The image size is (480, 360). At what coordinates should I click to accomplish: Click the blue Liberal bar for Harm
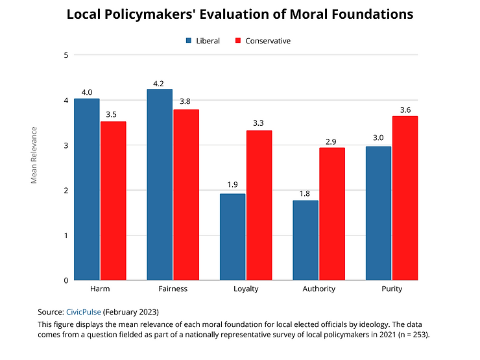86,189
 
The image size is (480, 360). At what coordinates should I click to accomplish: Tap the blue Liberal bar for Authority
306,240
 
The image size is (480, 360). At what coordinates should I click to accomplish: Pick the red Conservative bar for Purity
405,198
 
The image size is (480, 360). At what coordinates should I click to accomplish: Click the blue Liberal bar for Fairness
160,185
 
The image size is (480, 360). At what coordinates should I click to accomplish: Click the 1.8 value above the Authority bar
306,194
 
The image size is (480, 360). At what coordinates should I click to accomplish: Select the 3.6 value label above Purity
405,110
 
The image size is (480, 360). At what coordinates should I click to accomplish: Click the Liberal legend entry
203,41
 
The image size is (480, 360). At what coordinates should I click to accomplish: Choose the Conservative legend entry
262,41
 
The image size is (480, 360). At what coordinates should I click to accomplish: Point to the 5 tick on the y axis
66,55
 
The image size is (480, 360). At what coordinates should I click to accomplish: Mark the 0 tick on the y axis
66,280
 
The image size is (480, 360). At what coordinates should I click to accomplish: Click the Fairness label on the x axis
173,289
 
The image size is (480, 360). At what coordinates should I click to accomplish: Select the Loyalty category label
246,289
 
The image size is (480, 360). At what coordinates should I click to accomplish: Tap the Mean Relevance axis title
34,155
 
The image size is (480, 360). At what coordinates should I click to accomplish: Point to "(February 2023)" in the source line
132,311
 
